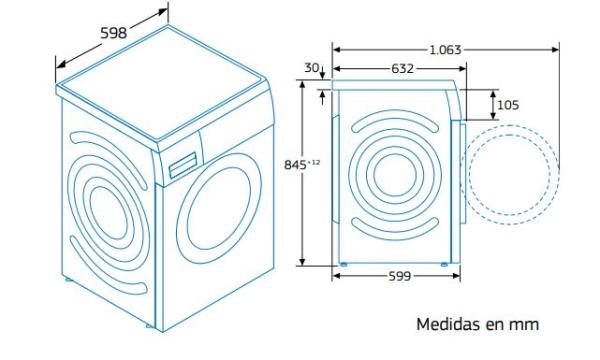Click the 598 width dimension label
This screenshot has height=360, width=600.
(x=113, y=33)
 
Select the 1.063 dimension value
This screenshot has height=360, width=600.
(x=445, y=50)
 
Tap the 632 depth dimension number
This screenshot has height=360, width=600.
(x=403, y=68)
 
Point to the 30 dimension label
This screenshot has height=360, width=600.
(x=311, y=68)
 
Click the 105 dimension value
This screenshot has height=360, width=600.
(x=508, y=105)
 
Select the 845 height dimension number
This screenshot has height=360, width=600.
(x=295, y=165)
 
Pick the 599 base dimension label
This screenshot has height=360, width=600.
(x=399, y=276)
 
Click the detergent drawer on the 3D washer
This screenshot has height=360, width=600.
(x=183, y=165)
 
